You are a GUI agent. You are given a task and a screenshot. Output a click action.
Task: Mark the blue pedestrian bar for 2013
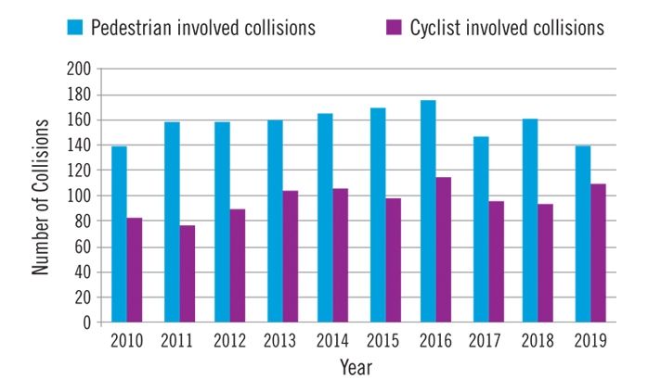point(276,221)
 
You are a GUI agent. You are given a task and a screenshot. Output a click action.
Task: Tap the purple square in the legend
point(394,27)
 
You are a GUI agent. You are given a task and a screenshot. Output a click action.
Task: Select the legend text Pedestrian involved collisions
point(202,28)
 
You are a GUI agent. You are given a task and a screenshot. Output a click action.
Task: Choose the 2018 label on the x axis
point(538,341)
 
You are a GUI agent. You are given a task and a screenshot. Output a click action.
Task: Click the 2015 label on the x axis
point(383,341)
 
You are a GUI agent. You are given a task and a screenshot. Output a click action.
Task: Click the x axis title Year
point(356,367)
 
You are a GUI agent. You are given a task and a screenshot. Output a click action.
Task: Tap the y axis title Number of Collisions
point(41,196)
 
